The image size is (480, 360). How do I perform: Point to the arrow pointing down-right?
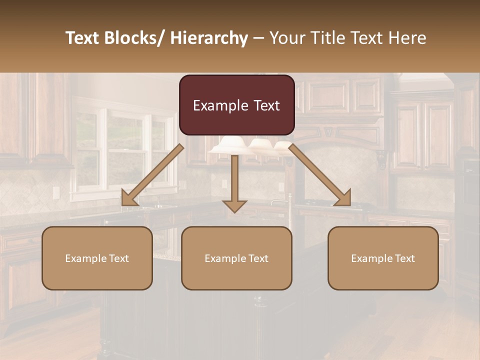(x=320, y=175)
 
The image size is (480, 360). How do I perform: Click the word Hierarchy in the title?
(x=209, y=38)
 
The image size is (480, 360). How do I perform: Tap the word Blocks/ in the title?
(x=132, y=38)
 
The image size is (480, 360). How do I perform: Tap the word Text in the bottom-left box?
(x=118, y=258)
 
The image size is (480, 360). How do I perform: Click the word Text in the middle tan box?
(x=258, y=258)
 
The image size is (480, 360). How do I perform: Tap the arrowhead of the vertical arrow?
(x=234, y=205)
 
